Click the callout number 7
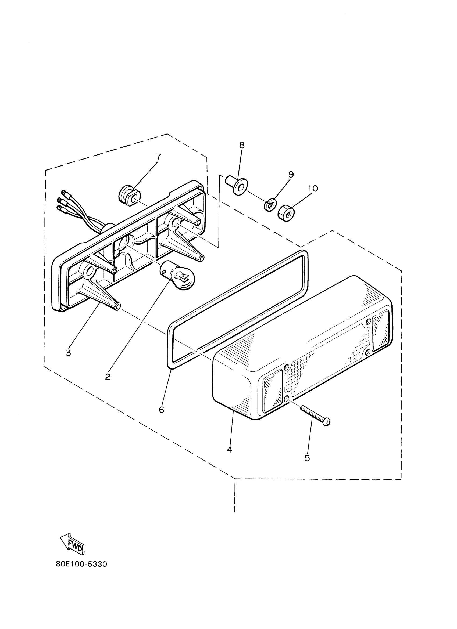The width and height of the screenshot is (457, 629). click(x=158, y=157)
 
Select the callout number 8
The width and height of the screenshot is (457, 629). click(x=242, y=145)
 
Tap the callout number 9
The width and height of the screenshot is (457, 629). click(x=291, y=175)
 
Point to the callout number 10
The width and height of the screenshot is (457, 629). click(x=313, y=188)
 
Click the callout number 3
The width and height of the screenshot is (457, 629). click(x=68, y=353)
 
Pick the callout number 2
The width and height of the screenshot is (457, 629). click(x=108, y=377)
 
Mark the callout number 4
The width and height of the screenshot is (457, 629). click(x=229, y=450)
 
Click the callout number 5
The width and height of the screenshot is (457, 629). click(x=307, y=458)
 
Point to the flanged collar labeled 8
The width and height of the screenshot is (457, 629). click(x=235, y=185)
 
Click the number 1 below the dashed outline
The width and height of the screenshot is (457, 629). click(x=235, y=509)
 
